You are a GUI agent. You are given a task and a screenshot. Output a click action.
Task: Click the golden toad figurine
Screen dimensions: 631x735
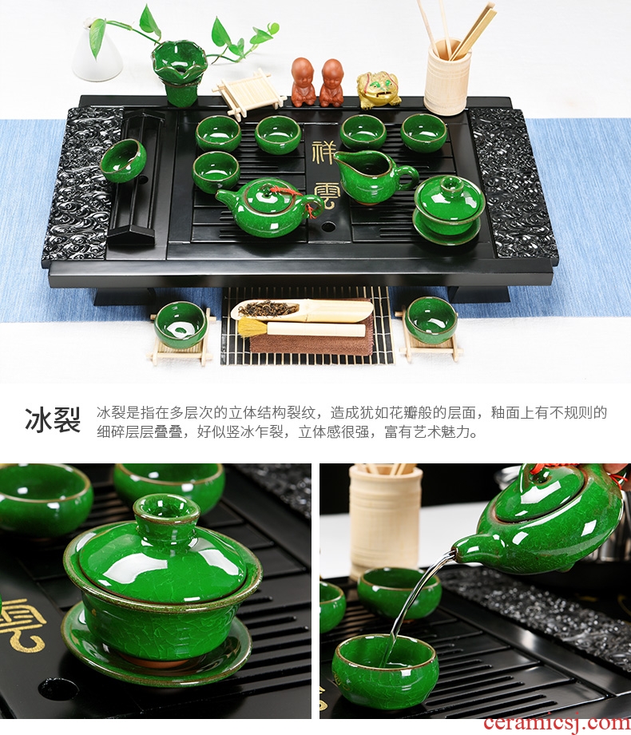click(x=377, y=89)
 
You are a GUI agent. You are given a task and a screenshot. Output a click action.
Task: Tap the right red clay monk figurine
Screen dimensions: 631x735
click(x=332, y=82)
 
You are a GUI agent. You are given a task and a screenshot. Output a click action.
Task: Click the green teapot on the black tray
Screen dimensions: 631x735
click(x=268, y=206)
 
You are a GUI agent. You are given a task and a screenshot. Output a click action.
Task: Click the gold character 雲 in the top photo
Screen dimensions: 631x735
click(x=324, y=197)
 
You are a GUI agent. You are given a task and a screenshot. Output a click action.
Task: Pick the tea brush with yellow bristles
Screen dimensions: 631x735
click(x=301, y=328)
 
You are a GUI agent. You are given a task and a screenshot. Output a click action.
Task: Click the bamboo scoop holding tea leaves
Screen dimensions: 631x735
click(x=303, y=309)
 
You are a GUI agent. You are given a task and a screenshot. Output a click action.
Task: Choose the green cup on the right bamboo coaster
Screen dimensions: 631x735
click(x=431, y=320)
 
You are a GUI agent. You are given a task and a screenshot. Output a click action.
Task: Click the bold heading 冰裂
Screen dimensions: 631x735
click(x=53, y=419)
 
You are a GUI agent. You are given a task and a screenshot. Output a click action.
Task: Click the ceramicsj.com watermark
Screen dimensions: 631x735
click(x=557, y=722)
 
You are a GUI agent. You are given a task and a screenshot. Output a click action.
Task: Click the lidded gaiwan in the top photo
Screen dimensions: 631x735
click(x=448, y=210)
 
